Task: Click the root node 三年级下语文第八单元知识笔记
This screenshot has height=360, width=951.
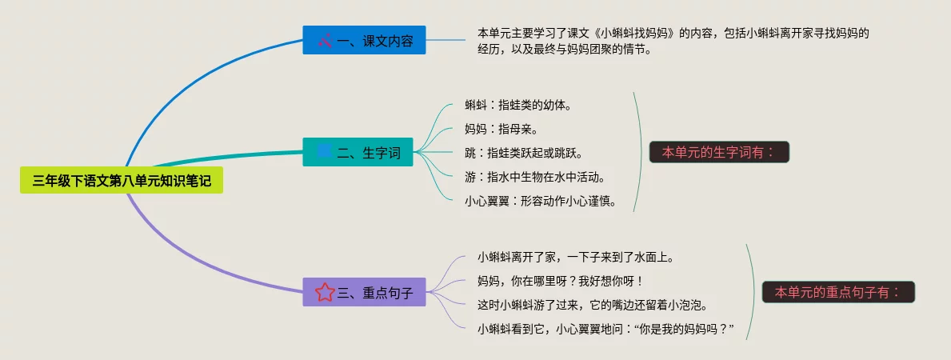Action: point(122,182)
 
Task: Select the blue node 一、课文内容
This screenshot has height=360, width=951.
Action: point(364,40)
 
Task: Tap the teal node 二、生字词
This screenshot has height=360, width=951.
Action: point(358,152)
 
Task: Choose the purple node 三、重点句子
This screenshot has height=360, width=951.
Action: point(364,292)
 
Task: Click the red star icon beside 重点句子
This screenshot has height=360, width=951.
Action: point(324,292)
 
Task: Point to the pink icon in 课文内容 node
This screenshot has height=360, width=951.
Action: point(324,40)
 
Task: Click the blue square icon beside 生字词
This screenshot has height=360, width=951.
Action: point(324,151)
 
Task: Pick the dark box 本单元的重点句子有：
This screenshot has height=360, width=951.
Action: point(838,292)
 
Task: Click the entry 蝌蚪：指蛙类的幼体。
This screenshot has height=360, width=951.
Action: point(518,105)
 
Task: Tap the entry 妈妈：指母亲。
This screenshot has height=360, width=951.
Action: point(501,129)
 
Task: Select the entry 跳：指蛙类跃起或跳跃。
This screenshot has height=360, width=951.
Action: point(524,153)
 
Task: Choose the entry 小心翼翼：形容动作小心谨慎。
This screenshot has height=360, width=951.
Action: point(541,201)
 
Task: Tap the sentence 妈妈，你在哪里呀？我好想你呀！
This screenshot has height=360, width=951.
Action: point(560,281)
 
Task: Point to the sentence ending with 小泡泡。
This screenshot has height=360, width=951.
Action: point(593,305)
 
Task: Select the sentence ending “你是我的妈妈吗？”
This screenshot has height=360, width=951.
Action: point(605,329)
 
